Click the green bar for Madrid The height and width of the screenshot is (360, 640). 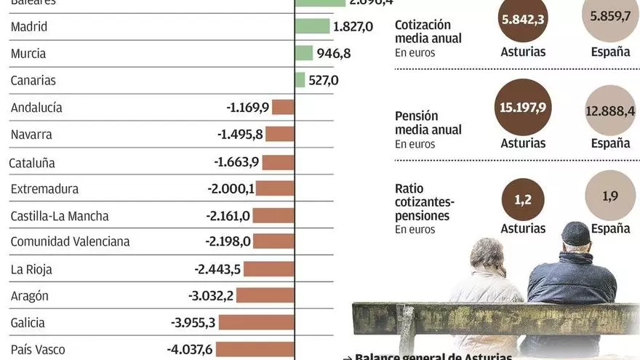point(313,26)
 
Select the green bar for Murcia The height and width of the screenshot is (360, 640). point(305,53)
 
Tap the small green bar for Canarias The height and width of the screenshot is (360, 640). point(300,80)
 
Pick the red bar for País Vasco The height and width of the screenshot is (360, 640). point(255,349)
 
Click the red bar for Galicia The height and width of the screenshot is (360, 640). point(257,322)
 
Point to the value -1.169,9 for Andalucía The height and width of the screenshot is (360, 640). point(248,107)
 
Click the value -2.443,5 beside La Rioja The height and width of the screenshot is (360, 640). point(217,269)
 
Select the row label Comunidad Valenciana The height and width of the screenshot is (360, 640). point(70,241)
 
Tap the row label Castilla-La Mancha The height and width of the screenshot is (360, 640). point(60,216)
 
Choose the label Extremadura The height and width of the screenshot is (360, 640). point(44,189)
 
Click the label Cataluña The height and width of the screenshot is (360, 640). point(33,163)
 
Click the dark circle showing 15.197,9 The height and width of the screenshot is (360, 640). point(522,108)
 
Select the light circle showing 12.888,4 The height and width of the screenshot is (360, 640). point(610,111)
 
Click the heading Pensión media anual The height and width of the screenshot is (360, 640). point(428,123)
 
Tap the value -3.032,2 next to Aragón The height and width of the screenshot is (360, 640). point(210,295)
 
